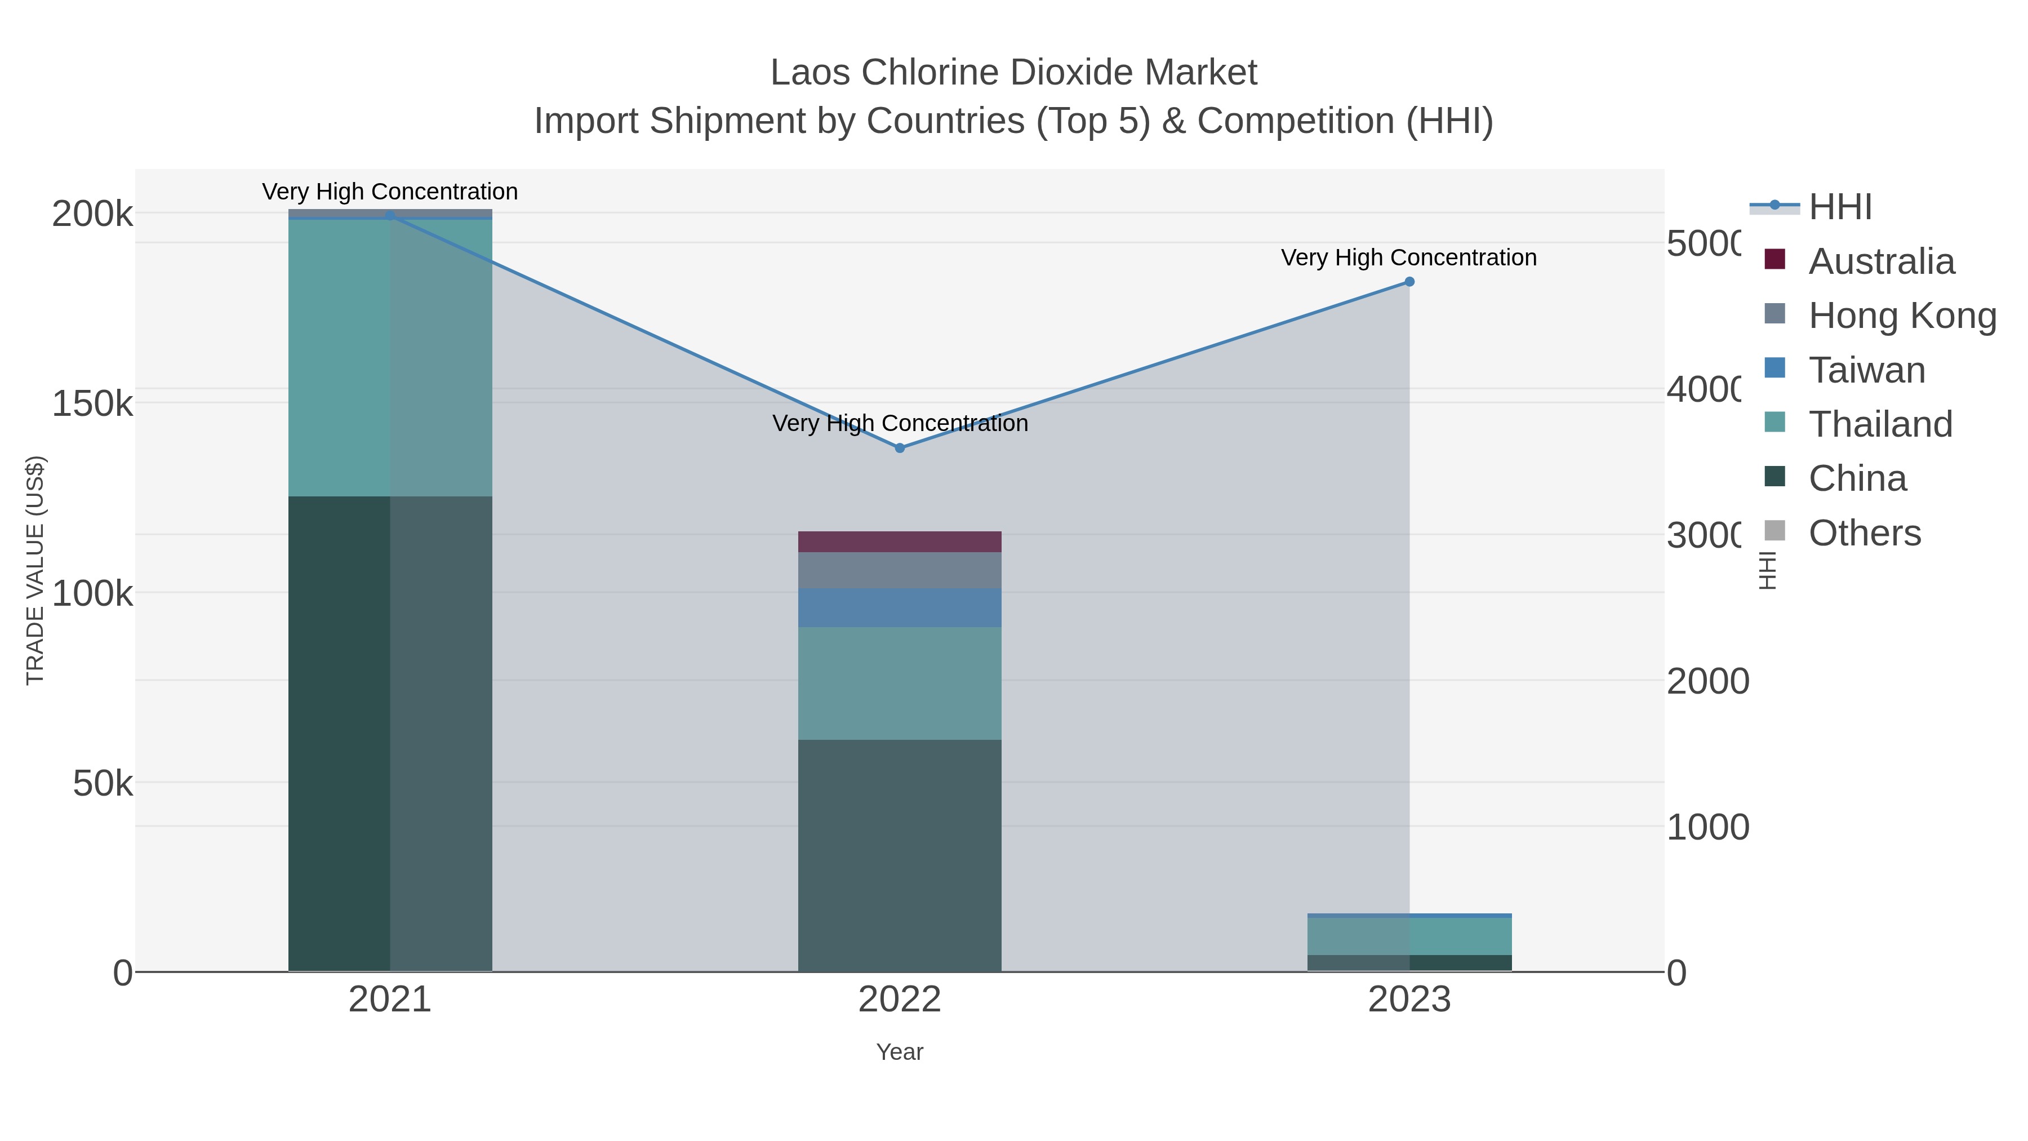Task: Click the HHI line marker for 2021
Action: [390, 215]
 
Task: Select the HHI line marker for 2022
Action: [900, 448]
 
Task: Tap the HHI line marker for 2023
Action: [1409, 282]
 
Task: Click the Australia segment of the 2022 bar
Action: [900, 541]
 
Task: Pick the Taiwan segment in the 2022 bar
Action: [900, 608]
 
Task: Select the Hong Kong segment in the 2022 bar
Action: [900, 570]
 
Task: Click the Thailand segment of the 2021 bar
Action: [390, 358]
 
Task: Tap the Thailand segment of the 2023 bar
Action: [1409, 936]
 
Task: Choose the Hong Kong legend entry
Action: [1901, 316]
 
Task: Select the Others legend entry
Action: [1864, 533]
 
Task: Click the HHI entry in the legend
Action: [1839, 207]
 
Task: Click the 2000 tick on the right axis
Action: [1707, 681]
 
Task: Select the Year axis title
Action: [900, 1052]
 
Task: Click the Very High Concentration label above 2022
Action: [900, 424]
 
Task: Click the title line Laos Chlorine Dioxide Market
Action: [1013, 73]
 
